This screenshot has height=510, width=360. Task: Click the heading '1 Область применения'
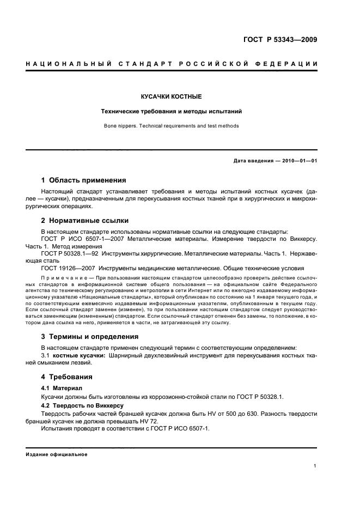point(84,180)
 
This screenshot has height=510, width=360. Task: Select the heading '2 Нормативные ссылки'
point(85,221)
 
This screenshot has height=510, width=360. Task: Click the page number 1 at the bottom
point(315,466)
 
